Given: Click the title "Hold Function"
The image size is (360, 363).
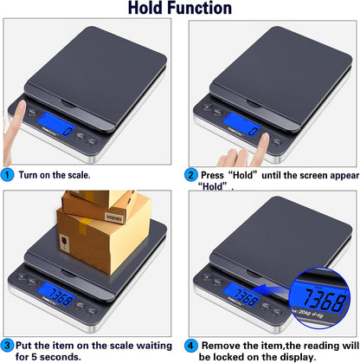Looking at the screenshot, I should click(180, 10).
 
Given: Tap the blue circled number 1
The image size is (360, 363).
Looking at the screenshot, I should click(8, 174).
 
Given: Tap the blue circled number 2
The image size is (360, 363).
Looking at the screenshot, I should click(190, 174).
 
